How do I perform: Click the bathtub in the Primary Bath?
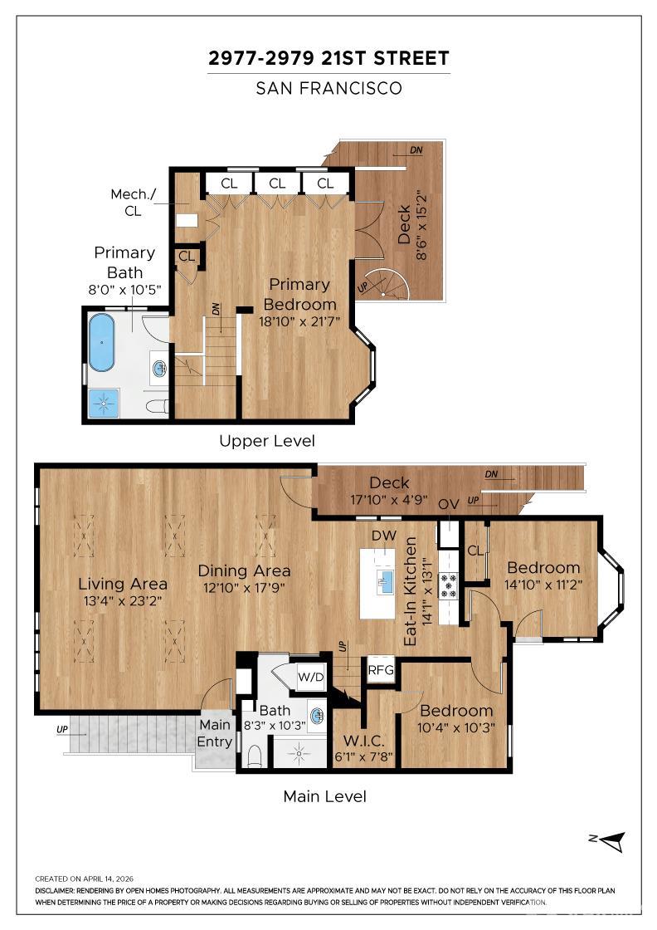coord(102,342)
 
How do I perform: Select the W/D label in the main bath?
coord(312,677)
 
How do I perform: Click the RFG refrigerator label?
coord(381,668)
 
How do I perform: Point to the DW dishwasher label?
coord(383,536)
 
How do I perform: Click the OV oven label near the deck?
coord(448,505)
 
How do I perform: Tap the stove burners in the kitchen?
coord(448,585)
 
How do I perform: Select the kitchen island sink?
coord(383,581)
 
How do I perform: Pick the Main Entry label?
coord(215,733)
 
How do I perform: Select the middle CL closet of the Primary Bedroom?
coord(277,183)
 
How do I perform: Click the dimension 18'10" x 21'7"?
coord(298,322)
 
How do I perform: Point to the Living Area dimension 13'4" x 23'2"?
coord(123,601)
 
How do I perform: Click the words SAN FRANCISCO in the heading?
coord(328,88)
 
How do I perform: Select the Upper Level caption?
coord(266,441)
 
